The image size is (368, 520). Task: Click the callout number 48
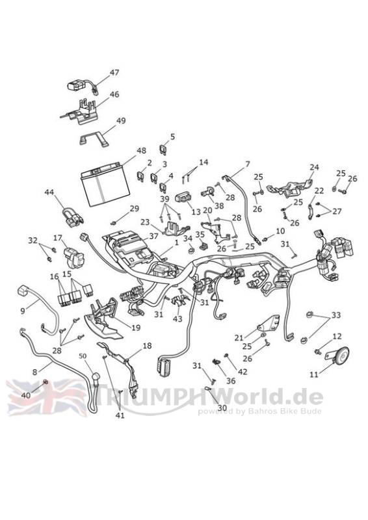tap(141, 151)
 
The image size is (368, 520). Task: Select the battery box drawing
tap(105, 184)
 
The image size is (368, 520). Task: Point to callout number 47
tap(114, 73)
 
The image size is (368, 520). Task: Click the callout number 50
tap(83, 356)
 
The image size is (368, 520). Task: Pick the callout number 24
tap(314, 167)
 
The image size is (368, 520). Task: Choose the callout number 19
tap(136, 328)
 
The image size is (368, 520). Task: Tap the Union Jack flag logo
tap(46, 397)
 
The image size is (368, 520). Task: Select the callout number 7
tap(248, 164)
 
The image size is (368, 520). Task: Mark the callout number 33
tap(335, 315)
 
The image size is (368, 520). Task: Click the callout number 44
tap(49, 192)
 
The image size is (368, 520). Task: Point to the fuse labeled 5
tap(164, 149)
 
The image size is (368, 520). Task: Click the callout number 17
tap(58, 238)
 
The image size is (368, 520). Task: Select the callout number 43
tap(177, 319)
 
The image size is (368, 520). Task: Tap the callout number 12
tap(337, 336)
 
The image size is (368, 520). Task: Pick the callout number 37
tap(153, 237)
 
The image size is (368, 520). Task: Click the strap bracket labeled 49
tap(94, 138)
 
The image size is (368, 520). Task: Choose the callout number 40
tap(26, 395)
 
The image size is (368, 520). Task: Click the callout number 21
tap(239, 338)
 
